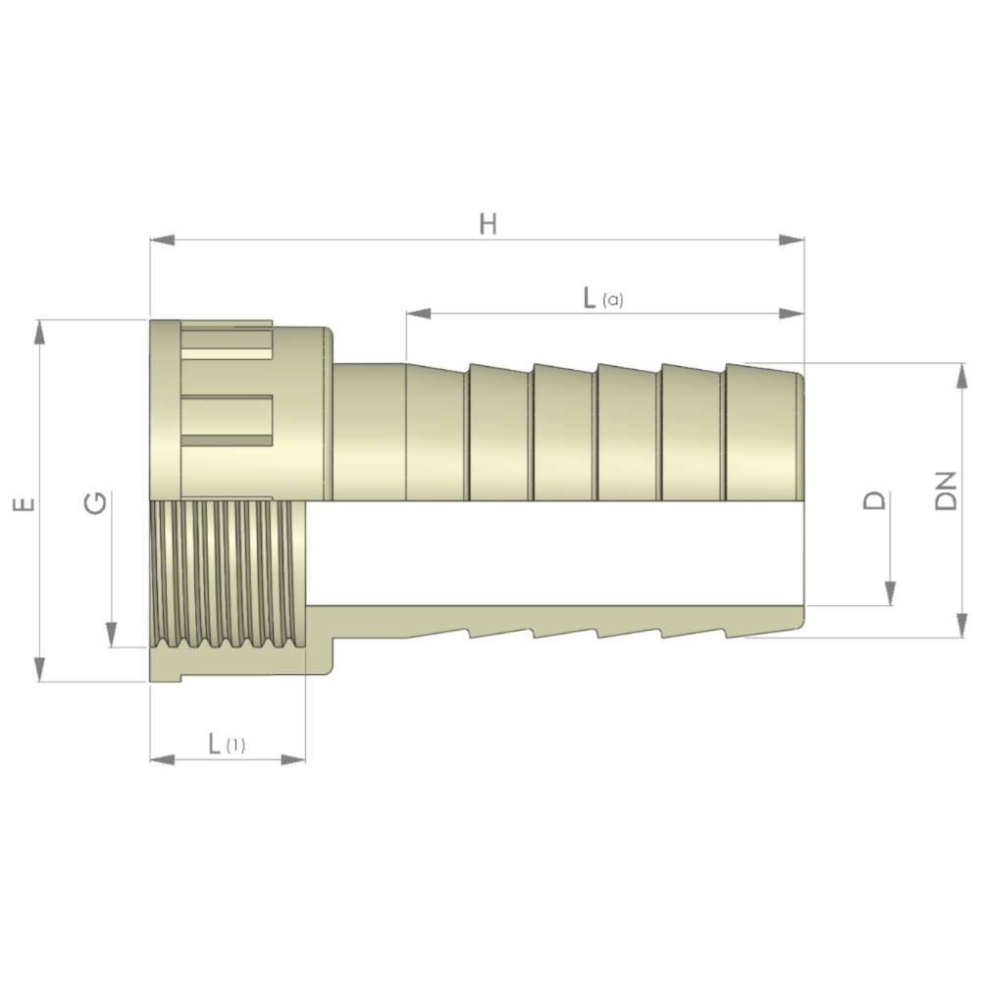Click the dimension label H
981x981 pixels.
[x=488, y=224]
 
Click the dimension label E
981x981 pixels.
[x=24, y=503]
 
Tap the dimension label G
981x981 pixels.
[x=95, y=503]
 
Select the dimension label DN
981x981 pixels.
[x=946, y=491]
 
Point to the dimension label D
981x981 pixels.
[x=874, y=500]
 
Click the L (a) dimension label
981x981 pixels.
[x=603, y=298]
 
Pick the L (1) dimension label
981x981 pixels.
[x=227, y=744]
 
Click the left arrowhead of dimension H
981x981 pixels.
[x=162, y=240]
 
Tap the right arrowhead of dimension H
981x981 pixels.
[x=792, y=240]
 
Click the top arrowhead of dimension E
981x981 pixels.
[x=40, y=333]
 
